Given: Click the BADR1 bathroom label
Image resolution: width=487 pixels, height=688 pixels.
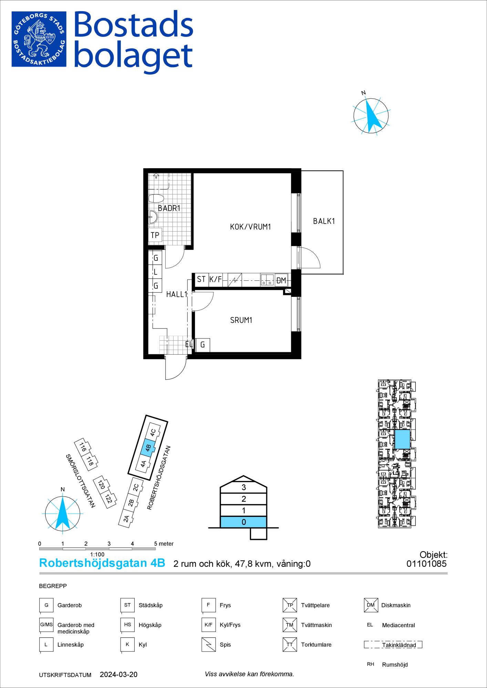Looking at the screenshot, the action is click(169, 208).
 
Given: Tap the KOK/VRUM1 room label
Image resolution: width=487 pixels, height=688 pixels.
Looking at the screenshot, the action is click(251, 227).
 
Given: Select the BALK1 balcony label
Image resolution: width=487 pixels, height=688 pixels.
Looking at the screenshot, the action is click(324, 221).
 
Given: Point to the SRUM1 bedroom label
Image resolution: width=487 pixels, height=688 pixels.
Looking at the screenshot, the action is click(241, 320).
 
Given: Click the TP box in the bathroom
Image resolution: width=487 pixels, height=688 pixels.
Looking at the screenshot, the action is click(155, 235).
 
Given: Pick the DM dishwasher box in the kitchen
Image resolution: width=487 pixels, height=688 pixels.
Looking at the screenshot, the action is click(281, 280).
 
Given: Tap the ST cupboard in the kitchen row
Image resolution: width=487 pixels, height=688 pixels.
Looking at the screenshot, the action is click(201, 280).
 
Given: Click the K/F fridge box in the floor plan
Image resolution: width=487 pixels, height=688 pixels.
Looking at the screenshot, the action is click(215, 280).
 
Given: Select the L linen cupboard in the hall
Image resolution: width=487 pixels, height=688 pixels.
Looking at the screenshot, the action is click(155, 272).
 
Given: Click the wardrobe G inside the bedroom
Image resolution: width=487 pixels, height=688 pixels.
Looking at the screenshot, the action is click(203, 345).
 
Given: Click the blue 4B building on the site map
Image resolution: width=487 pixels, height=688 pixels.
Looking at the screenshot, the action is click(147, 448).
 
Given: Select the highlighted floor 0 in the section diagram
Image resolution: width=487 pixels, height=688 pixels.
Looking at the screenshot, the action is click(243, 522).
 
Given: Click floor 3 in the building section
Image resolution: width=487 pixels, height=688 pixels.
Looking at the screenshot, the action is click(243, 487).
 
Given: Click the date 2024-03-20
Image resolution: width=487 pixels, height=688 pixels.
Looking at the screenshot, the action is click(118, 675).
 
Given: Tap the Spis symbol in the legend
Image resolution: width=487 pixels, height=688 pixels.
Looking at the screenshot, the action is click(208, 645).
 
